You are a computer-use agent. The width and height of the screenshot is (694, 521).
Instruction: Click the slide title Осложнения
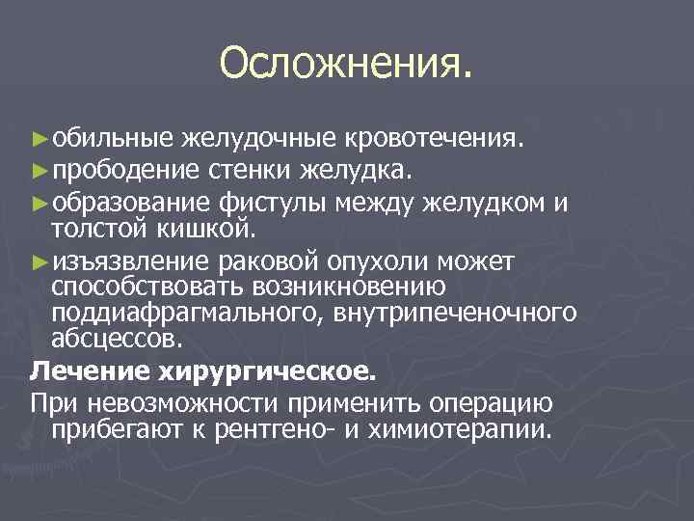coord(346,64)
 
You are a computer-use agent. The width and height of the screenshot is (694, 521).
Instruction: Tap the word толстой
coord(102,231)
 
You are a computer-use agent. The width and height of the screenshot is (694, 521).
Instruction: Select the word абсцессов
coord(115,340)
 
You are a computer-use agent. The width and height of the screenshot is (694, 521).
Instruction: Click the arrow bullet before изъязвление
coord(40,261)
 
